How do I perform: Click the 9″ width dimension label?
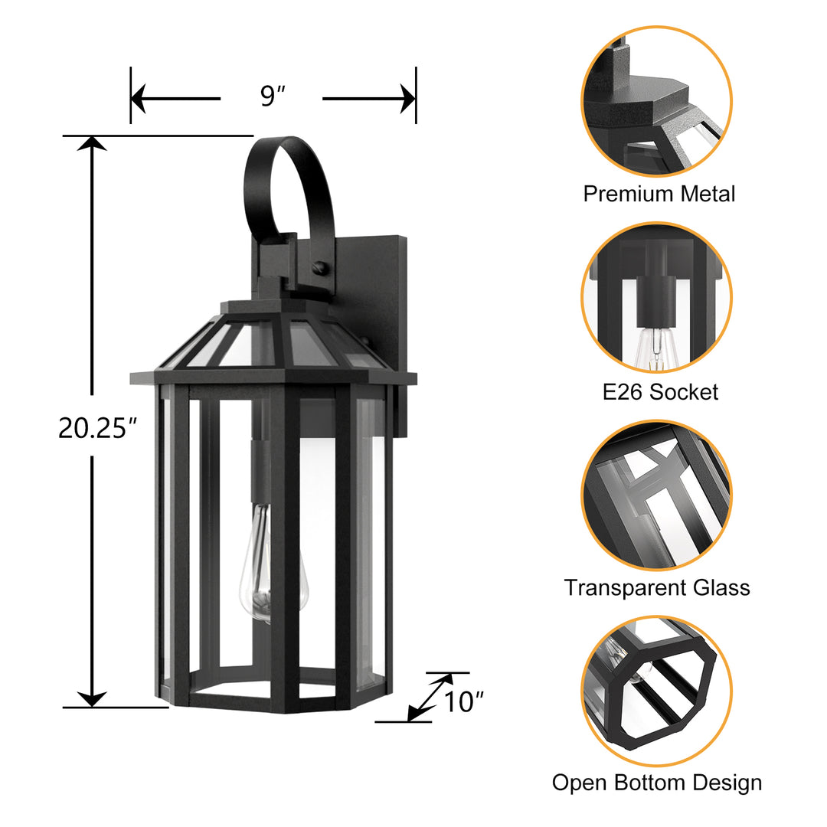coord(273,97)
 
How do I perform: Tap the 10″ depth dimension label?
coord(465,701)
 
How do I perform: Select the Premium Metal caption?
coord(659,194)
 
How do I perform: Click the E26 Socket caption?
coord(660,392)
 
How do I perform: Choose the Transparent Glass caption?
coord(657,588)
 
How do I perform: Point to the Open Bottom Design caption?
coord(657,783)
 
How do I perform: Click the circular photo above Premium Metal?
coord(657,101)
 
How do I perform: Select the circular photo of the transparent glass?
coord(657,495)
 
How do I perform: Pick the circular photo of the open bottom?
coord(657,691)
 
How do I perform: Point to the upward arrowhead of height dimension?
coord(93,144)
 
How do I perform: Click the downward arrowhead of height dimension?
coord(93,698)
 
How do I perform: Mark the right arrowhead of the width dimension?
coord(407,99)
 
